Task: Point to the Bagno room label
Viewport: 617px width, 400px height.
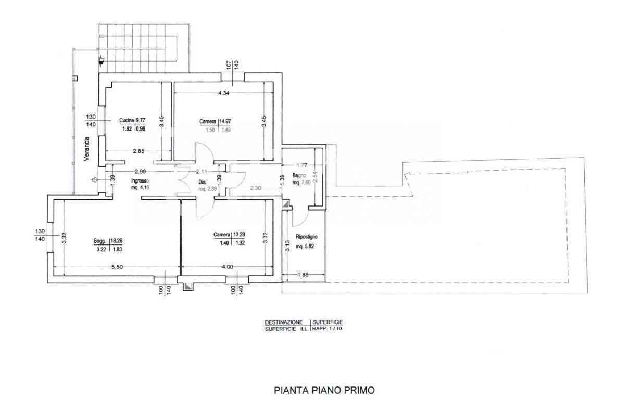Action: click(299, 176)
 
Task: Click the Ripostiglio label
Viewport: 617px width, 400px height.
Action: click(307, 237)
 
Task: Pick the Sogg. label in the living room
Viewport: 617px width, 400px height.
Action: click(100, 241)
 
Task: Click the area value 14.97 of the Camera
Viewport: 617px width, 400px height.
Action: click(225, 122)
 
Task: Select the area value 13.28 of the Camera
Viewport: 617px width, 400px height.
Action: click(238, 235)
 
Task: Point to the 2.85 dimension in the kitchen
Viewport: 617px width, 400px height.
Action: click(138, 151)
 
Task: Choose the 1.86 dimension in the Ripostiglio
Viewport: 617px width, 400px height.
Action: click(302, 275)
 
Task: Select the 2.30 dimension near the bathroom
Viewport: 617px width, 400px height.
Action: click(255, 188)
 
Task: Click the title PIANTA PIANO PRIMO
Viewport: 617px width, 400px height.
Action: click(324, 389)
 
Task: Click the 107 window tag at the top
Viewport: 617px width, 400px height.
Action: click(228, 65)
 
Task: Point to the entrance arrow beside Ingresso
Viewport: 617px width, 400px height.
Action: click(95, 180)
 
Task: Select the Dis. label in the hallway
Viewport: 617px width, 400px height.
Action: click(203, 182)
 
